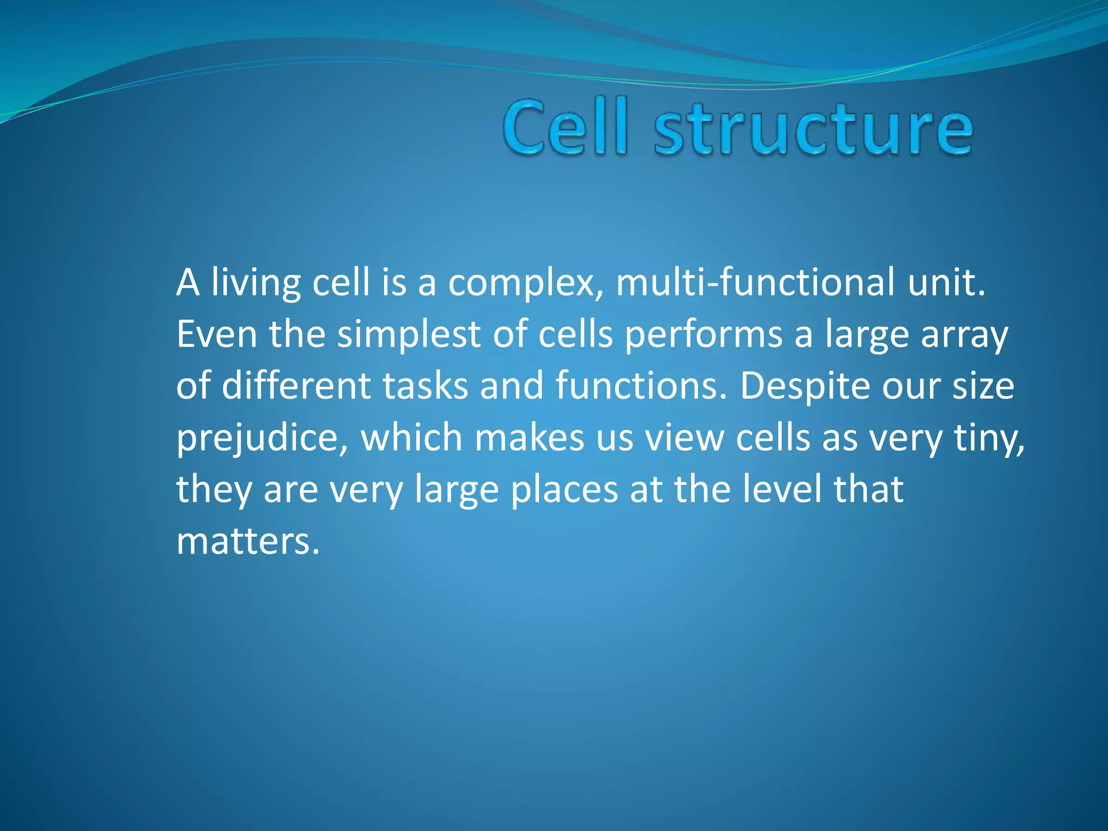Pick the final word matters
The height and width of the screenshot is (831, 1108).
coord(248,541)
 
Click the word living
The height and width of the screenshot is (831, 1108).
coord(255,283)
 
